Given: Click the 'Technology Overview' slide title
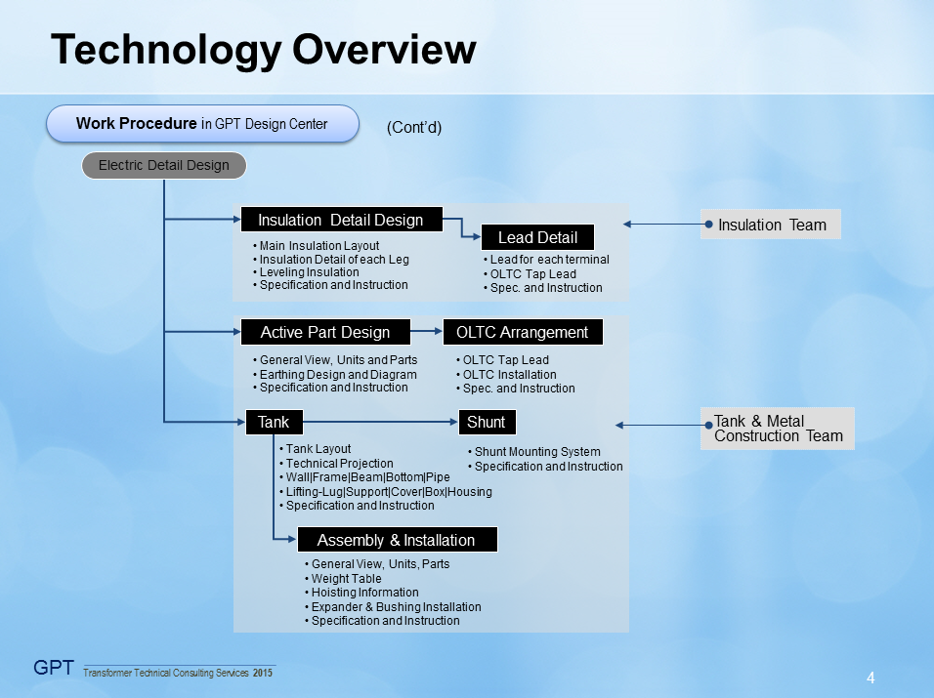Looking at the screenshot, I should pyautogui.click(x=263, y=50).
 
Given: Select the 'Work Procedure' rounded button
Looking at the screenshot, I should pyautogui.click(x=203, y=124).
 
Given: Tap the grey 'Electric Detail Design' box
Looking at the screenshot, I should pyautogui.click(x=164, y=165).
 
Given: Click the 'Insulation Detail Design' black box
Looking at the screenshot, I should pyautogui.click(x=341, y=220).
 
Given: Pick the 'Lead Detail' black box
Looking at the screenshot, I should pyautogui.click(x=537, y=237).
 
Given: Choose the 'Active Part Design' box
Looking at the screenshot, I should pyautogui.click(x=325, y=332).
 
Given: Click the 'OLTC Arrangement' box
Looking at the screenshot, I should pyautogui.click(x=523, y=332).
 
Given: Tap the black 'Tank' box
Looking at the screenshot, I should pyautogui.click(x=274, y=422).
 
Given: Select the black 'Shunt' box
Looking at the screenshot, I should pyautogui.click(x=487, y=422).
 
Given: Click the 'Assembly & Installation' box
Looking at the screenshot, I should pyautogui.click(x=396, y=540).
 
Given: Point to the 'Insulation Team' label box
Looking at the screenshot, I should pyautogui.click(x=771, y=225).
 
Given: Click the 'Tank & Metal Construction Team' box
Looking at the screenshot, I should pyautogui.click(x=778, y=429).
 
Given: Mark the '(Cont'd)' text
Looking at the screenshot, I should pyautogui.click(x=414, y=128).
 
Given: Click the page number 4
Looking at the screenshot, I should pyautogui.click(x=870, y=677).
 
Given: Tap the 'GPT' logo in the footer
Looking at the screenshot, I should pyautogui.click(x=54, y=668).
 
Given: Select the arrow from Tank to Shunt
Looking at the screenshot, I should pyautogui.click(x=381, y=422).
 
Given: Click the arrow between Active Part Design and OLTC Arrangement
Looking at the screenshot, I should pyautogui.click(x=426, y=332).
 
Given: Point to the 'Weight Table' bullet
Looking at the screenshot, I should pyautogui.click(x=346, y=579).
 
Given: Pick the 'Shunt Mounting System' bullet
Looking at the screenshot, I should pyautogui.click(x=537, y=452).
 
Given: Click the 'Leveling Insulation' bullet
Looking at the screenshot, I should pyautogui.click(x=309, y=272).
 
